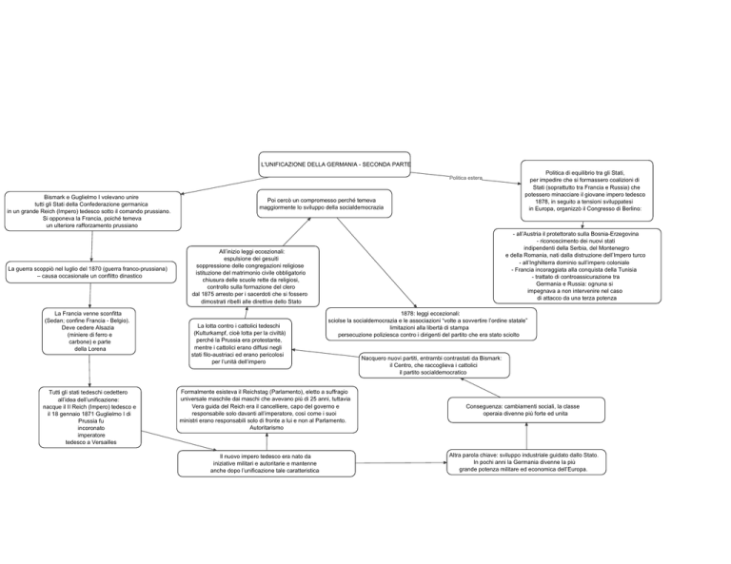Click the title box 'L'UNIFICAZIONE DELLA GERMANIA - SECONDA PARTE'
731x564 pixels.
point(334,165)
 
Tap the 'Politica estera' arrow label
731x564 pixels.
point(465,178)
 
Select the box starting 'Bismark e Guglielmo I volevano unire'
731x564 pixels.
point(92,211)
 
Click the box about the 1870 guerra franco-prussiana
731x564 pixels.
point(91,272)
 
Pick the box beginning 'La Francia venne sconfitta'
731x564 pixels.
point(89,331)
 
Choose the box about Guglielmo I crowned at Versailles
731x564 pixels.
point(90,418)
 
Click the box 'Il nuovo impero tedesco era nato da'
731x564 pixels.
point(267,463)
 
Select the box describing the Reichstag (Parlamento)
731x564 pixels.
point(267,409)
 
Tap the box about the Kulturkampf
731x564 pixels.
point(241,343)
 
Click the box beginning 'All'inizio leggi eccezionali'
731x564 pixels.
point(253,276)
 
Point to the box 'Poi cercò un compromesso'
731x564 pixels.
point(325,204)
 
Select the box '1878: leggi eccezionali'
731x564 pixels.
point(431,324)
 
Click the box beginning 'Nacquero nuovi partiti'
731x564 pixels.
point(434,365)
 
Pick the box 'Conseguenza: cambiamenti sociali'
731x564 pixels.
point(526,410)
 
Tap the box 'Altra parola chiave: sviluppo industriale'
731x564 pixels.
point(526,462)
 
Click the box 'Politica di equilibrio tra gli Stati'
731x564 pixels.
point(587,190)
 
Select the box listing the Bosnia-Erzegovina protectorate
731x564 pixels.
point(577,266)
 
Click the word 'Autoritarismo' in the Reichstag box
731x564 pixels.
point(267,428)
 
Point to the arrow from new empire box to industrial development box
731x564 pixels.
point(401,463)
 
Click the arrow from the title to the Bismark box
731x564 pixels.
point(226,185)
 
